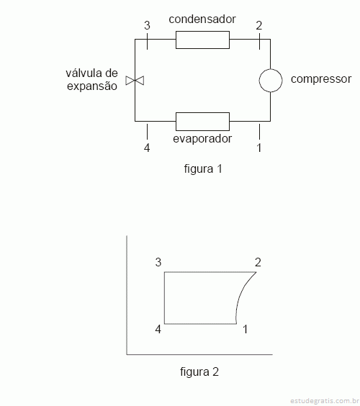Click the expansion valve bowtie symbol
[135, 81]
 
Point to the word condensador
[202, 19]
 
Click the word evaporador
[202, 139]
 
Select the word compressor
[321, 79]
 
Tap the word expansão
[92, 86]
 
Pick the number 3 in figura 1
[147, 25]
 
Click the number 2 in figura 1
[259, 25]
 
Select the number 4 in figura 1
[147, 148]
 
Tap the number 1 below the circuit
[258, 148]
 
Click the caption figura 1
[203, 169]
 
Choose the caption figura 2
[199, 372]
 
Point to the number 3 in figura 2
[158, 262]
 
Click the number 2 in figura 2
[258, 262]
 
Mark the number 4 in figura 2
[158, 330]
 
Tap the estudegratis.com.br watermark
[325, 401]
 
